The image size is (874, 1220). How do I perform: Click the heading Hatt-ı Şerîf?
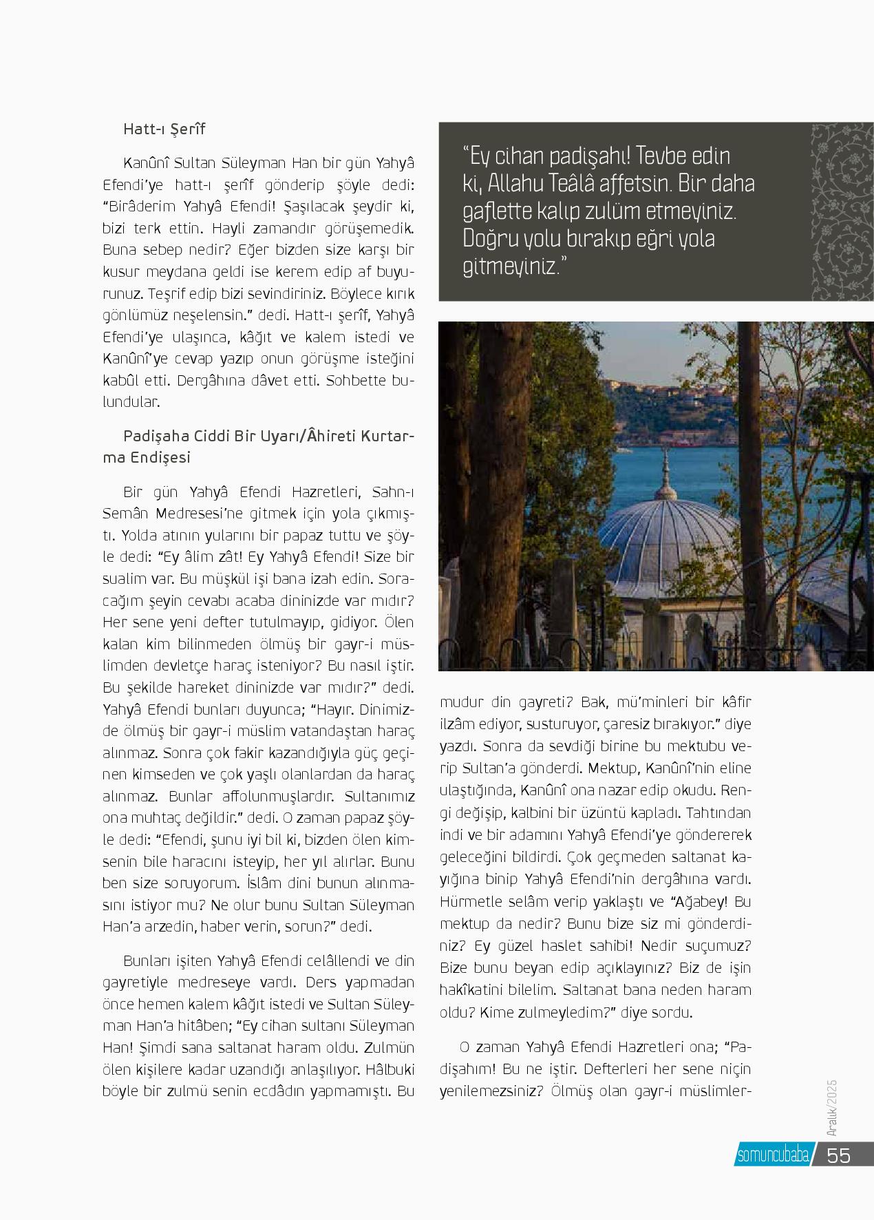tap(164, 129)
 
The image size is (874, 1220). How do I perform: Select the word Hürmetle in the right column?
tap(468, 901)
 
